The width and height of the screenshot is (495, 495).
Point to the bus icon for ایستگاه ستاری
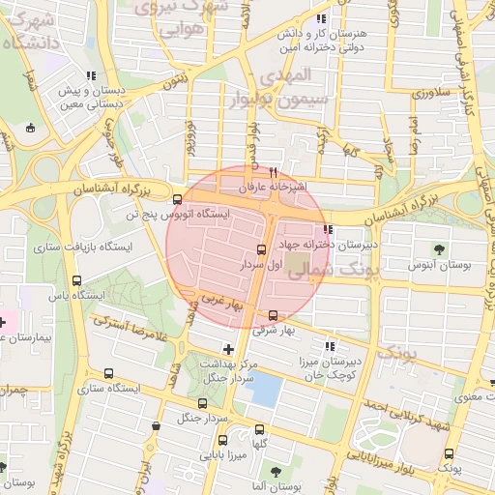(108, 373)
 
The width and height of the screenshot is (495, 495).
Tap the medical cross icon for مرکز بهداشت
(228, 348)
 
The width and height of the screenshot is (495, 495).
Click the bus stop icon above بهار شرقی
(273, 315)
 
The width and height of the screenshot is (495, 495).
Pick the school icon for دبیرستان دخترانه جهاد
(329, 230)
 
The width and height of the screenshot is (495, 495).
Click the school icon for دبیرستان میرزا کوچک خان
(330, 346)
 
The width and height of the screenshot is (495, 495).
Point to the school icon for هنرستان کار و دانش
(320, 18)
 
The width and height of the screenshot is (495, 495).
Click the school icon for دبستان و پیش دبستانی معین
(90, 75)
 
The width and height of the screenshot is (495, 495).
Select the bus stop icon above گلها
(259, 430)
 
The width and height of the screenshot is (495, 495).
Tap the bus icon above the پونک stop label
(448, 454)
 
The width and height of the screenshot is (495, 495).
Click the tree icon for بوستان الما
(276, 471)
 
